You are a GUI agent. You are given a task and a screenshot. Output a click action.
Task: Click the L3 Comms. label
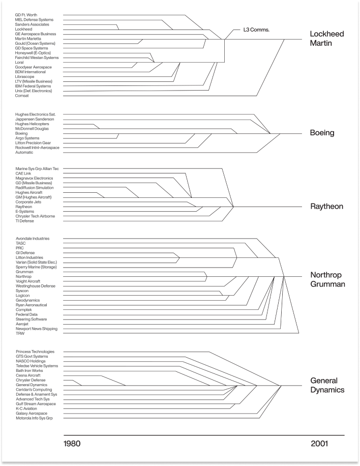coord(256,30)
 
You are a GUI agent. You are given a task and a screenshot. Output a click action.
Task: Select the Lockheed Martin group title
coord(327,39)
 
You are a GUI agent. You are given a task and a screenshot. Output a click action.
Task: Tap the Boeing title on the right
coord(322,133)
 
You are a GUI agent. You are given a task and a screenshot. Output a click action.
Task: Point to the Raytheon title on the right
coord(326,207)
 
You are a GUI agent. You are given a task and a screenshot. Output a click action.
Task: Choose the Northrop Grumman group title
coord(327,279)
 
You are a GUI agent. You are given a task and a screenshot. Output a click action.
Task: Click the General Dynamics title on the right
coord(327,385)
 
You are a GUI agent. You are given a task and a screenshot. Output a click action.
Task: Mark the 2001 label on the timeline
coord(319,444)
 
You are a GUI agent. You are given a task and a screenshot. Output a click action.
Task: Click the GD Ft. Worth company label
coord(26,15)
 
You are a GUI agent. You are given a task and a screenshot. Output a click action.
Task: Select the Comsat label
coord(22,96)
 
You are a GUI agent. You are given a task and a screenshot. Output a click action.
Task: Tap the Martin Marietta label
coord(28,39)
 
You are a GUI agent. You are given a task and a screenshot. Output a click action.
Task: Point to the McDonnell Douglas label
coord(32,129)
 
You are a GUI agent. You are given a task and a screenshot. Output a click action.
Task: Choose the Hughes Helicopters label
coord(32,124)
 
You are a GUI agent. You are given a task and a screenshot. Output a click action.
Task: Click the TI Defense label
coord(25,221)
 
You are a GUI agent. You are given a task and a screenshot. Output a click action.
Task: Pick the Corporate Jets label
coord(29,202)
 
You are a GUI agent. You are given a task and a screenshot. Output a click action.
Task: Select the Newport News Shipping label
coord(36,329)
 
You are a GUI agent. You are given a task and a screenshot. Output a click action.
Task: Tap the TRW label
coord(20,333)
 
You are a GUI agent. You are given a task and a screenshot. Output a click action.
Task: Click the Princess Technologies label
coord(35,352)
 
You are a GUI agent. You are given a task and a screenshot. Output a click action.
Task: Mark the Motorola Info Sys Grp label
coord(34,418)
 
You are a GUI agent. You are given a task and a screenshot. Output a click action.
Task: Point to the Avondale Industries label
coord(33,239)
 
